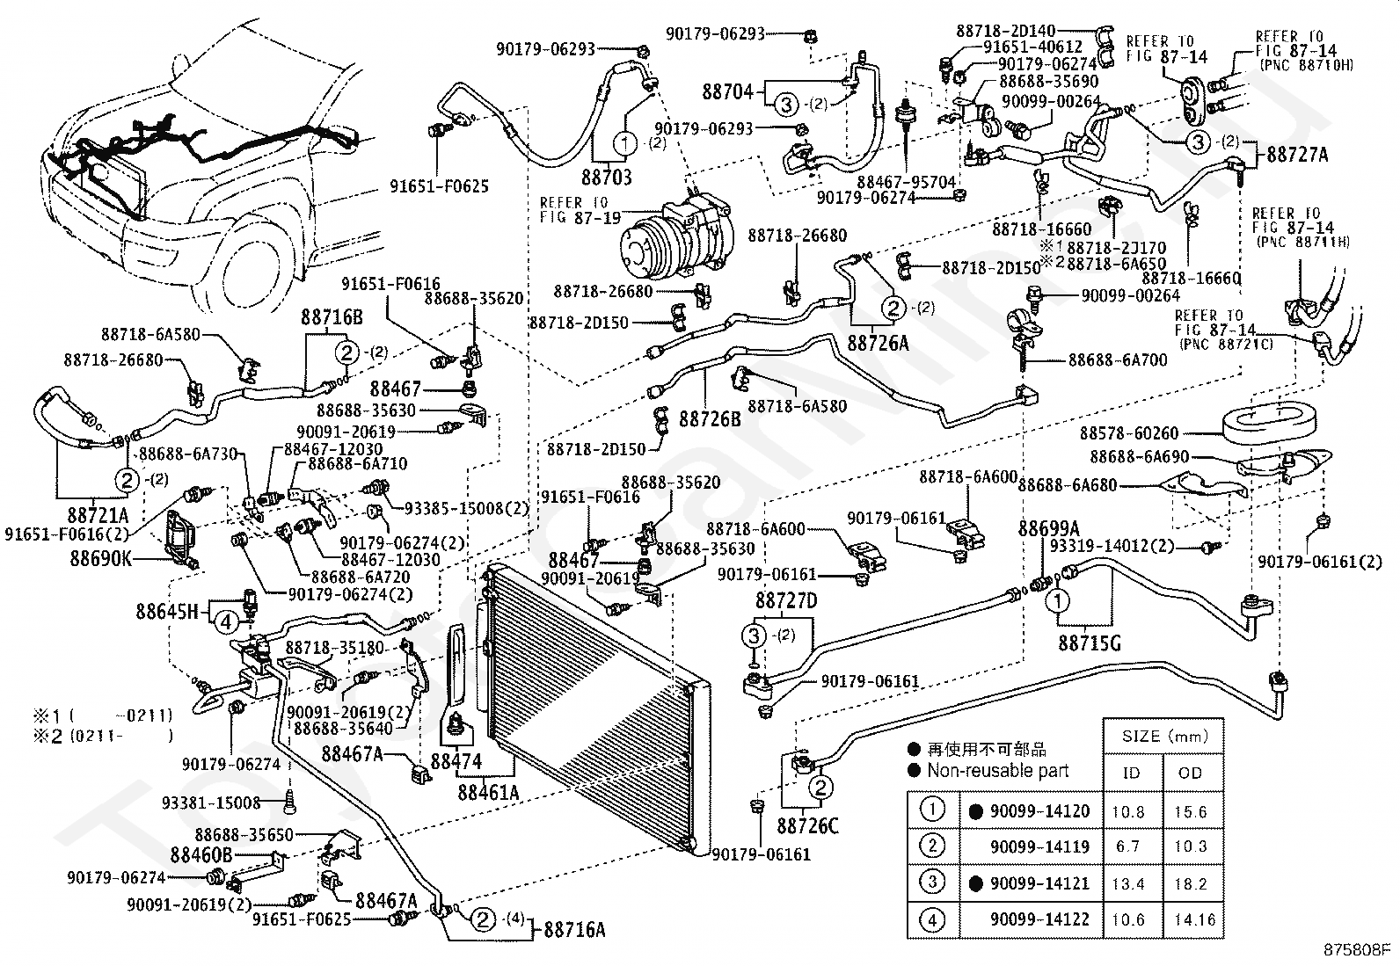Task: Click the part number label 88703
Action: click(x=605, y=178)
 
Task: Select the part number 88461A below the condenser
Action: click(x=488, y=792)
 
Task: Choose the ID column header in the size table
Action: click(x=1131, y=773)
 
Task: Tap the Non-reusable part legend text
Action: click(x=997, y=771)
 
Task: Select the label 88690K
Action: click(x=100, y=557)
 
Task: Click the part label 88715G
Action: click(x=1090, y=643)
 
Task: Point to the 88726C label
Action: click(x=807, y=826)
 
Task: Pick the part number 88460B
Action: click(x=201, y=854)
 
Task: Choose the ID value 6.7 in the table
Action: click(x=1127, y=846)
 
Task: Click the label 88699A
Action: click(x=1048, y=528)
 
